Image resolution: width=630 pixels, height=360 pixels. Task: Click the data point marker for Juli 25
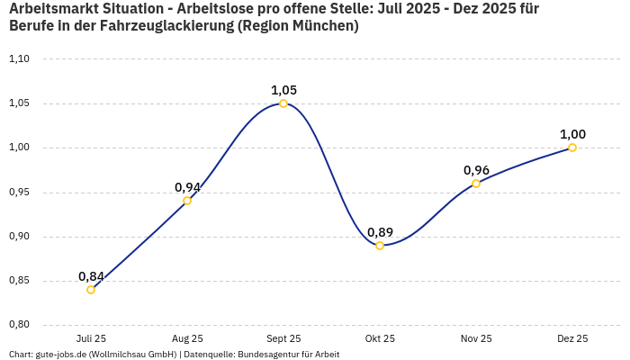tap(91, 290)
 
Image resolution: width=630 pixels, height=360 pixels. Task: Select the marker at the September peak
tap(283, 103)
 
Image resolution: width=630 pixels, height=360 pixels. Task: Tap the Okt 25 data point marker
tap(380, 246)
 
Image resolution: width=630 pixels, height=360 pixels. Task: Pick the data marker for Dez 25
tap(572, 148)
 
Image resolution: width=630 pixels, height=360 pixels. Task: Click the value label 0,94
tap(187, 187)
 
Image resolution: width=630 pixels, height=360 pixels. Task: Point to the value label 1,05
tap(283, 90)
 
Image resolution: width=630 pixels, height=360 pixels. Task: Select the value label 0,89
tap(380, 232)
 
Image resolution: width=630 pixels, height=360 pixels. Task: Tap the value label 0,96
tap(476, 170)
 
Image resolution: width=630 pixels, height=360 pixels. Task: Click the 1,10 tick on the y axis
tap(19, 59)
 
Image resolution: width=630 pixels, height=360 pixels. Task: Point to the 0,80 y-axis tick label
tap(19, 325)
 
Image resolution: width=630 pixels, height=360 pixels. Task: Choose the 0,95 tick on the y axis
tap(19, 193)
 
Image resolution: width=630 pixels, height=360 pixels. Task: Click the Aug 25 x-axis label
tap(187, 339)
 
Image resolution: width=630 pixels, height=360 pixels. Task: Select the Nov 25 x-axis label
tap(476, 339)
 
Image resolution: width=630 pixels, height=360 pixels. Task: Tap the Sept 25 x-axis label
tap(283, 339)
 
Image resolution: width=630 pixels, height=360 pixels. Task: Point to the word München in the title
tap(325, 26)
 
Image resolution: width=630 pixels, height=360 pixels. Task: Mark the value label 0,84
tap(91, 276)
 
